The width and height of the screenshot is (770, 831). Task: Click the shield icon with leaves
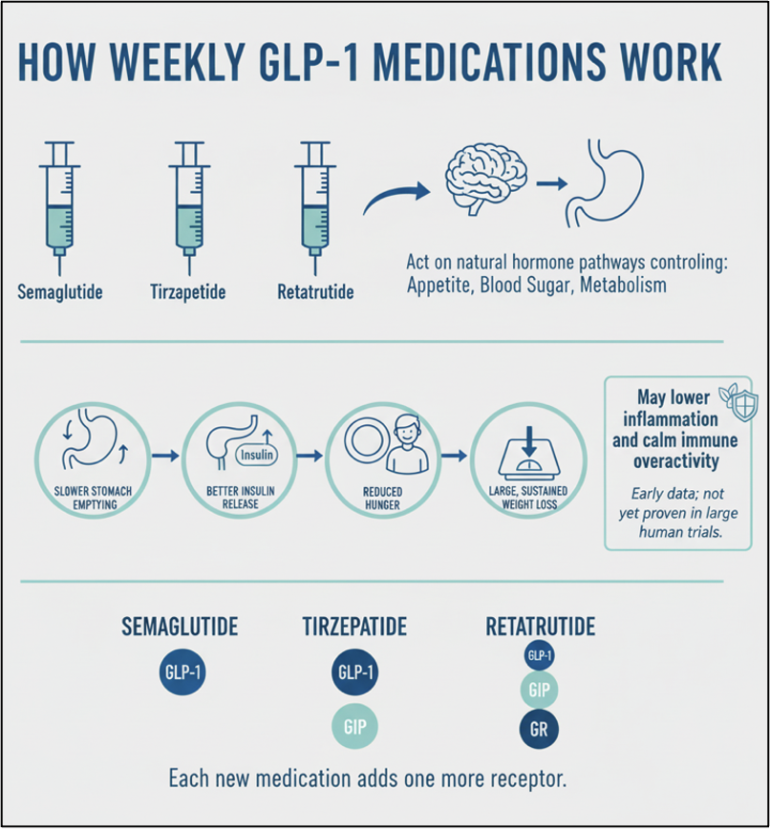click(739, 401)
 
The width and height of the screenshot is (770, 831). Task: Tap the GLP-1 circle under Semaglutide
click(180, 671)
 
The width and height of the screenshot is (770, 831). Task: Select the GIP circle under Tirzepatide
click(354, 727)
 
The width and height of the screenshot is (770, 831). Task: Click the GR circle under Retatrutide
click(539, 729)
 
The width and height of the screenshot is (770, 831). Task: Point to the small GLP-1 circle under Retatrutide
click(540, 655)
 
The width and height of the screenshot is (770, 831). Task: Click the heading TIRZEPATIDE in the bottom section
click(354, 627)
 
